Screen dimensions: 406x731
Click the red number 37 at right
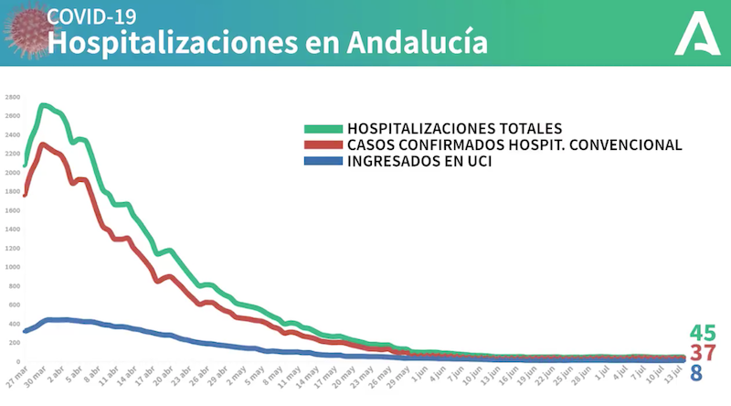(703, 353)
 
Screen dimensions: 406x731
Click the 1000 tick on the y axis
(13, 268)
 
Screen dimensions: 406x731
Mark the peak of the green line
(45, 105)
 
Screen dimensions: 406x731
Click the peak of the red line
(45, 144)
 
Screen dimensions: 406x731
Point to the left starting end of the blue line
(25, 331)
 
